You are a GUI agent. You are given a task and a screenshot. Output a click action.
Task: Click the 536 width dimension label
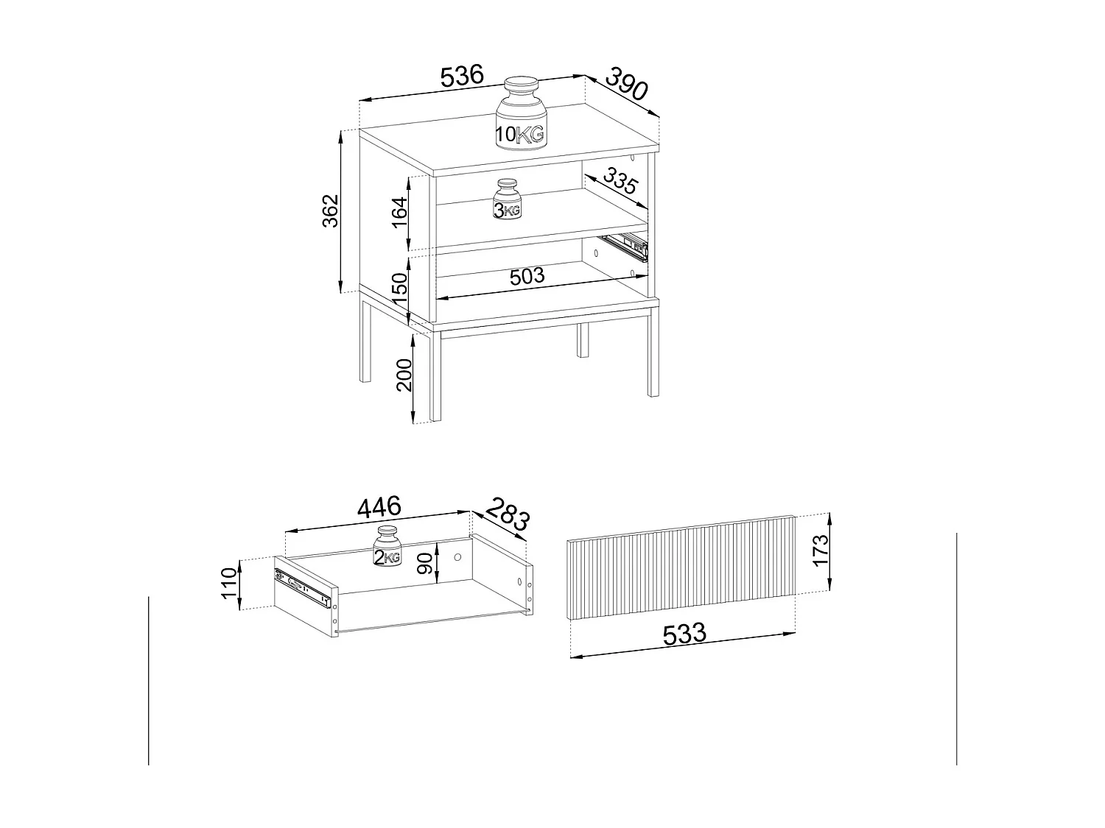pyautogui.click(x=462, y=76)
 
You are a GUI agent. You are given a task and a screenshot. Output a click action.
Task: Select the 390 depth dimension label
pyautogui.click(x=626, y=84)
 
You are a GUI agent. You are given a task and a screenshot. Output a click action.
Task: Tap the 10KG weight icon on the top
pyautogui.click(x=520, y=116)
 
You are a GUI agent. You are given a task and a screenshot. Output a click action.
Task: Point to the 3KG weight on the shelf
pyautogui.click(x=507, y=199)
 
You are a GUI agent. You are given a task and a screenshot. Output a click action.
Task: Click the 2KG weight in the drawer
pyautogui.click(x=387, y=548)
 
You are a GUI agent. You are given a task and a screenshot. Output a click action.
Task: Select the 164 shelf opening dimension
pyautogui.click(x=399, y=213)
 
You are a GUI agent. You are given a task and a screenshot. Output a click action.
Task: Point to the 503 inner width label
pyautogui.click(x=527, y=276)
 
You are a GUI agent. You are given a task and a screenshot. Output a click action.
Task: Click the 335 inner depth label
pyautogui.click(x=619, y=181)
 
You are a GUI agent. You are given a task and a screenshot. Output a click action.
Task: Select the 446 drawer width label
pyautogui.click(x=379, y=507)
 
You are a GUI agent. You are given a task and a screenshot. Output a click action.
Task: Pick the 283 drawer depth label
pyautogui.click(x=507, y=515)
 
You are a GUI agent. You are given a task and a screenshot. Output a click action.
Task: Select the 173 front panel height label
pyautogui.click(x=821, y=551)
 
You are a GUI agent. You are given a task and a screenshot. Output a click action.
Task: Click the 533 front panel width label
pyautogui.click(x=684, y=634)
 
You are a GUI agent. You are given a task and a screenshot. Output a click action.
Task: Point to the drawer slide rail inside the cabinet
pyautogui.click(x=625, y=245)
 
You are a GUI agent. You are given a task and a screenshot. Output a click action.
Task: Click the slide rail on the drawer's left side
pyautogui.click(x=302, y=587)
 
